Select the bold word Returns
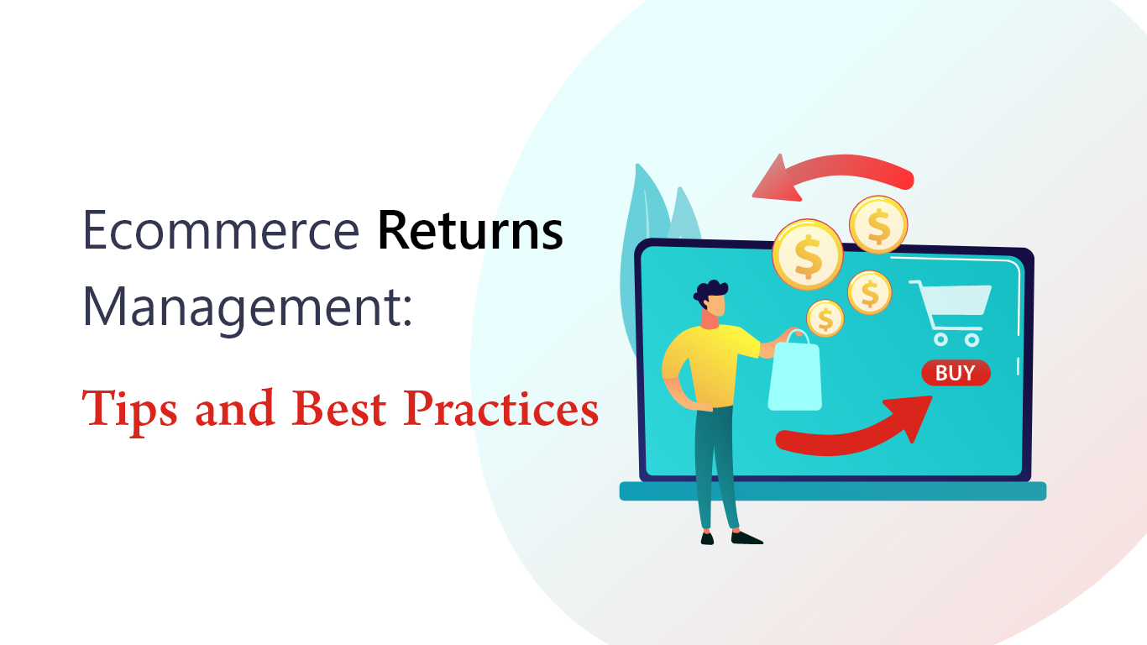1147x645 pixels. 470,230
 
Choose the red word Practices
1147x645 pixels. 500,408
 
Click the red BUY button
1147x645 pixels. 956,373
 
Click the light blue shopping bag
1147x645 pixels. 794,374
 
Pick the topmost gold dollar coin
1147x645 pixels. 878,224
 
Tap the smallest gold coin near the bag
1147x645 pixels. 825,318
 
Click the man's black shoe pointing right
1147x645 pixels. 746,537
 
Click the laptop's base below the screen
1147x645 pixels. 832,491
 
